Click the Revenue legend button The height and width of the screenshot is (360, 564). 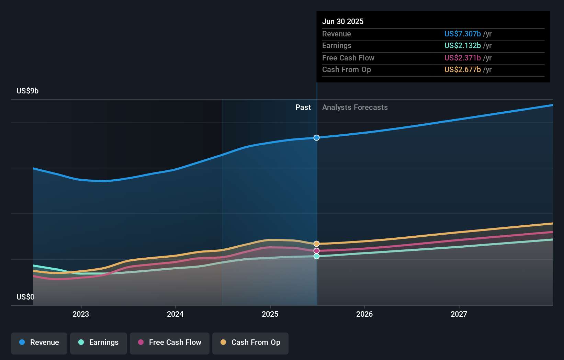pyautogui.click(x=39, y=342)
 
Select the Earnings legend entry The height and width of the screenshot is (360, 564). pyautogui.click(x=99, y=342)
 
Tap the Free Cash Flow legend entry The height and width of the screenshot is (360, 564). pyautogui.click(x=170, y=342)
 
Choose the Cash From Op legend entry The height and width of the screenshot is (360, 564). pyautogui.click(x=250, y=342)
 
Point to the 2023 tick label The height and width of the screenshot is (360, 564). pyautogui.click(x=81, y=314)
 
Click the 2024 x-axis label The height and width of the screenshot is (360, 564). pyautogui.click(x=175, y=314)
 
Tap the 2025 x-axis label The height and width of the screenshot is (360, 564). pyautogui.click(x=270, y=314)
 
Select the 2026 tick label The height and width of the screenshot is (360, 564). pyautogui.click(x=364, y=314)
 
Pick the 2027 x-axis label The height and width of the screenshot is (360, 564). pyautogui.click(x=459, y=314)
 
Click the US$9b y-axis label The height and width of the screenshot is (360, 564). pyautogui.click(x=27, y=91)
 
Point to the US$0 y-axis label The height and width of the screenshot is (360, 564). pyautogui.click(x=25, y=297)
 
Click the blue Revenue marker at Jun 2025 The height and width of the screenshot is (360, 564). pyautogui.click(x=316, y=138)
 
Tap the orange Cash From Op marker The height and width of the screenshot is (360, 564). pyautogui.click(x=316, y=244)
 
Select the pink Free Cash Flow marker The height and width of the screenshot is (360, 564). pyautogui.click(x=316, y=251)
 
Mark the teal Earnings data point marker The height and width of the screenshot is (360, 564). pyautogui.click(x=316, y=256)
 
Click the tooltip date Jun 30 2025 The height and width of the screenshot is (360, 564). pyautogui.click(x=343, y=21)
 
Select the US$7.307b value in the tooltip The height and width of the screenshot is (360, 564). pyautogui.click(x=462, y=34)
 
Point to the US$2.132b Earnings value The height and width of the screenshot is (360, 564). pyautogui.click(x=462, y=46)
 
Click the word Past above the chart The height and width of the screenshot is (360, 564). pyautogui.click(x=303, y=108)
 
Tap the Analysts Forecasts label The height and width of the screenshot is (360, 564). pyautogui.click(x=355, y=108)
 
